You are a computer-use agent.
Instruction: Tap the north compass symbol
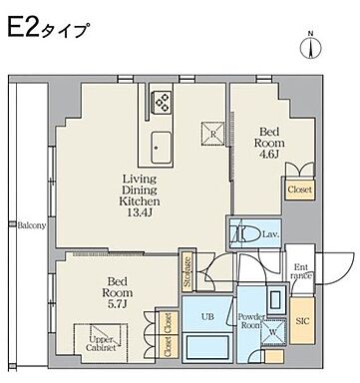click(310, 45)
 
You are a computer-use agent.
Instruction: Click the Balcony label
click(31, 225)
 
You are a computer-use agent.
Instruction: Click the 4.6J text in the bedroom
click(270, 156)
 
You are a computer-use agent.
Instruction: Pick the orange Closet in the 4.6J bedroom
click(297, 188)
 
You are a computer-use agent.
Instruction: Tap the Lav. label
click(271, 234)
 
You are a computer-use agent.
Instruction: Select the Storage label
click(186, 270)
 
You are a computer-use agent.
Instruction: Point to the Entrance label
click(302, 270)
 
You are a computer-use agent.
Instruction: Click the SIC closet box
click(304, 321)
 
